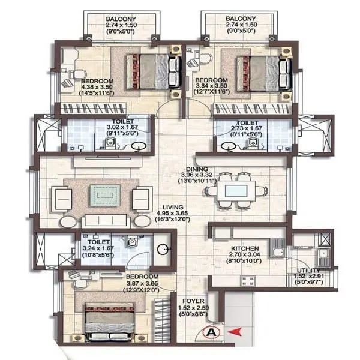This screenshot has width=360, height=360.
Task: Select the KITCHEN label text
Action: pos(245,248)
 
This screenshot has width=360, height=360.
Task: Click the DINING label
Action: pos(197,169)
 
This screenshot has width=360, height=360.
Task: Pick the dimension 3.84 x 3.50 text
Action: pos(211,87)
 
